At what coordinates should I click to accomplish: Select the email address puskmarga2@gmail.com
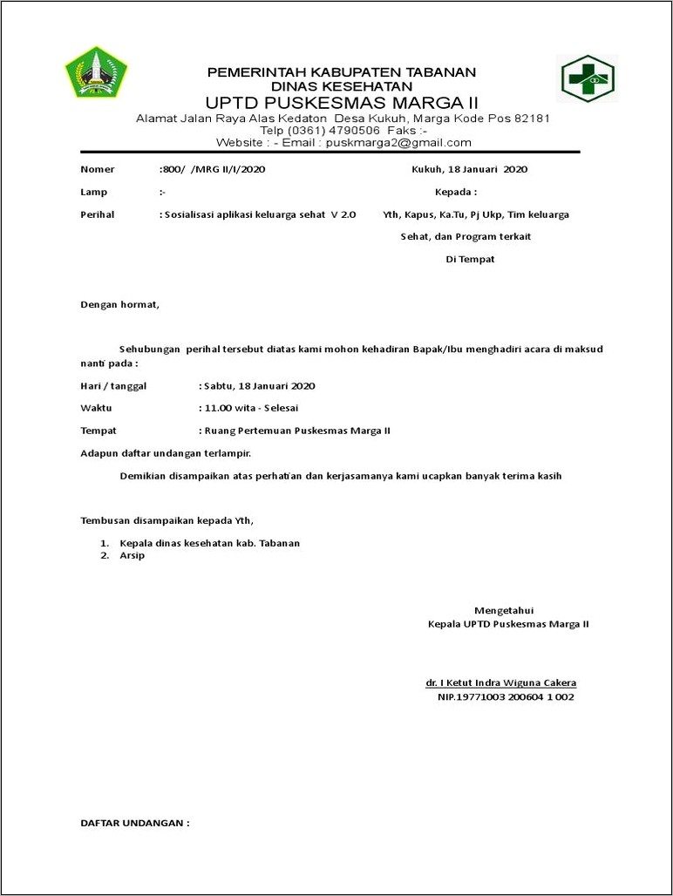coord(398,143)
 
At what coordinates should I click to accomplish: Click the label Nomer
coord(97,169)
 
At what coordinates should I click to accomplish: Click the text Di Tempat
coord(470,260)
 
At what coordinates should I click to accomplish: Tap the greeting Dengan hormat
coord(119,305)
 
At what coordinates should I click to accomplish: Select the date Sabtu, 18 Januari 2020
coord(259,385)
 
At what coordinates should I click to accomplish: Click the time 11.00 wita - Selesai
coord(250,408)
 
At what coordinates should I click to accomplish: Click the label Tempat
coord(99,431)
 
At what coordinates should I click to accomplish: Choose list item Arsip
coord(132,555)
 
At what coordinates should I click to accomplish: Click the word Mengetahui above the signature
coord(503,609)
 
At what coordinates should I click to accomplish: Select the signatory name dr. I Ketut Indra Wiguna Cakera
coord(500,682)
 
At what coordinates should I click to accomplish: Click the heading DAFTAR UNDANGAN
coord(134,823)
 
